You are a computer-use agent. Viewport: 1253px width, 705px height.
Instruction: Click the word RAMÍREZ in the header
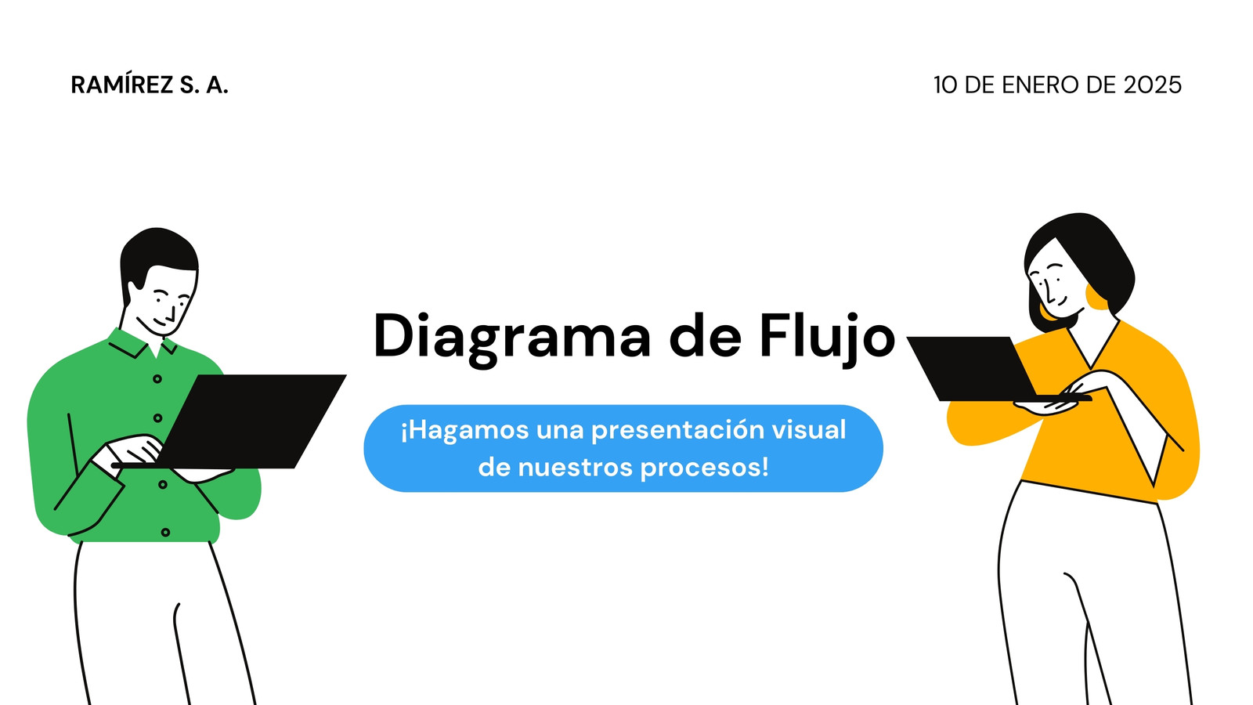tap(122, 85)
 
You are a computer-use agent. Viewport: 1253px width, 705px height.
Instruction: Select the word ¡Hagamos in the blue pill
tap(465, 431)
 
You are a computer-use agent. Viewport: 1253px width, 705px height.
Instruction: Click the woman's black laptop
tap(984, 368)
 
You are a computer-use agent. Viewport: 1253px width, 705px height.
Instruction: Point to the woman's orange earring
tap(1096, 297)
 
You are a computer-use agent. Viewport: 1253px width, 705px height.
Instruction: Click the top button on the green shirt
tap(157, 379)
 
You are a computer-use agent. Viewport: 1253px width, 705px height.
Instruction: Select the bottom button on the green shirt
tap(165, 532)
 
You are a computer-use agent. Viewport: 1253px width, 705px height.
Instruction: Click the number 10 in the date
tap(946, 85)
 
